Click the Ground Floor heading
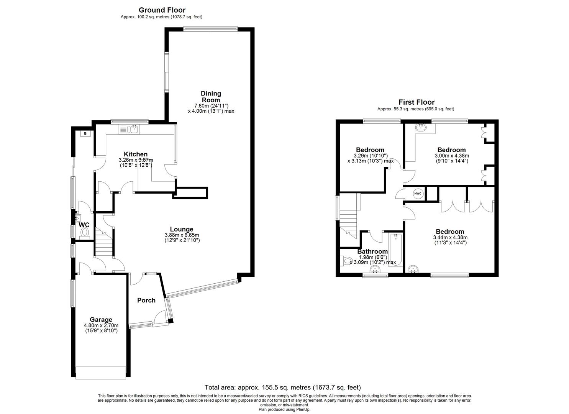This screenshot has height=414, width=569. tap(162, 10)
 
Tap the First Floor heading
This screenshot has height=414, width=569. tap(416, 102)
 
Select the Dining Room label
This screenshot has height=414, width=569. tap(211, 97)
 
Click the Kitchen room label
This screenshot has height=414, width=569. tap(135, 154)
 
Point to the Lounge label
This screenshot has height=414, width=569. tap(182, 229)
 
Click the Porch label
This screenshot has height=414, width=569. tap(146, 300)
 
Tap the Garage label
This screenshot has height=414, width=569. tap(101, 319)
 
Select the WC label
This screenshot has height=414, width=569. tap(84, 225)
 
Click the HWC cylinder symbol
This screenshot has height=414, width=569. tap(418, 194)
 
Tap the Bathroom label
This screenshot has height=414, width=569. tap(372, 251)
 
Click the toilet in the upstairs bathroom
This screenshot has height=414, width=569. tap(346, 261)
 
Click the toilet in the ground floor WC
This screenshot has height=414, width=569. tap(85, 233)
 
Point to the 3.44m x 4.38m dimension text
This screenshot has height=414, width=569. tap(450, 237)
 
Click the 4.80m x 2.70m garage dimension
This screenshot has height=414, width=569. tap(101, 325)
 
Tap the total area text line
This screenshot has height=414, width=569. tap(282, 387)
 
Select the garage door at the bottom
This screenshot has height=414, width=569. tap(101, 373)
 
